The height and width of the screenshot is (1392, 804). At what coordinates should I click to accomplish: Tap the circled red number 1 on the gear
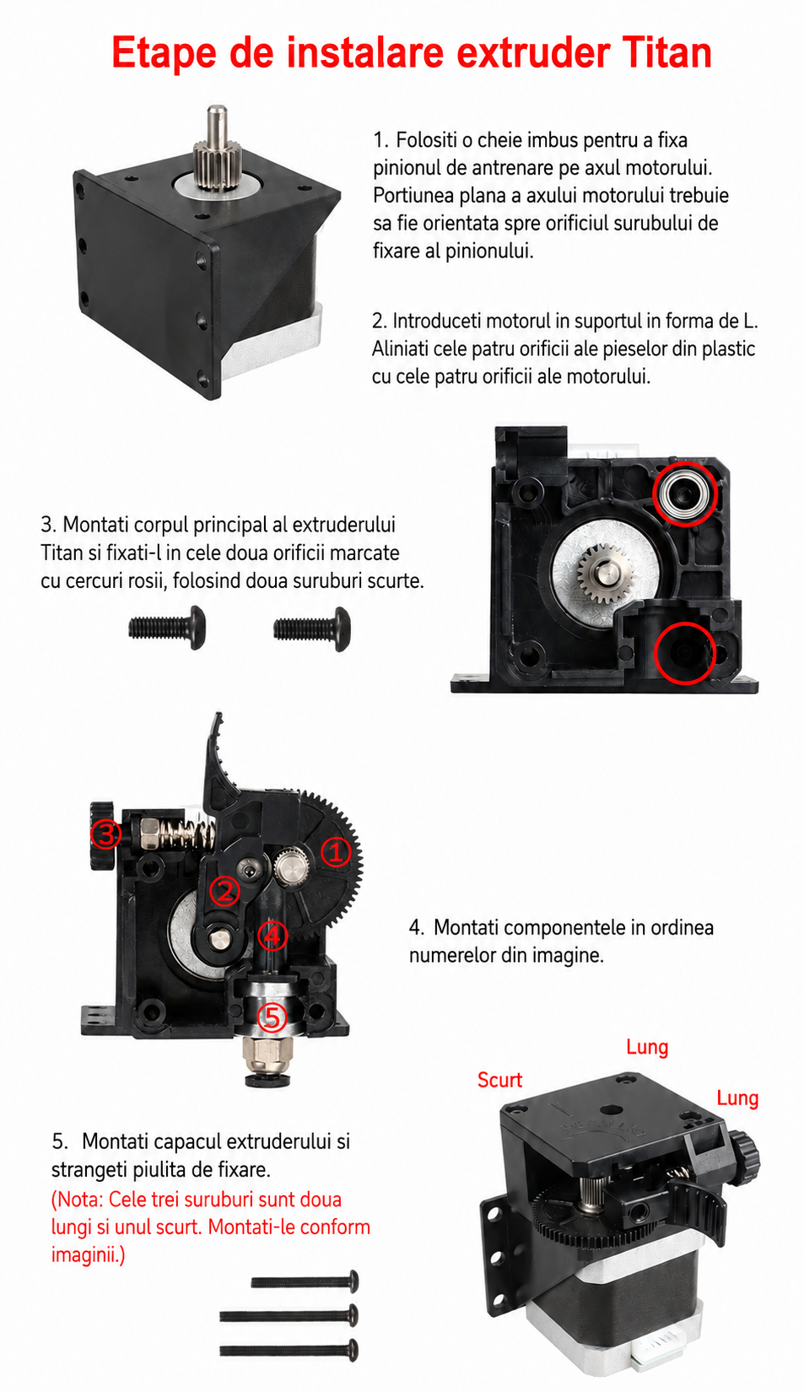tap(336, 852)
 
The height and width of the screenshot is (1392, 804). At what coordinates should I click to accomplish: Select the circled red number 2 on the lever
tap(224, 891)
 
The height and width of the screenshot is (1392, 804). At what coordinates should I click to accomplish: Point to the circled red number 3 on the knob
tap(105, 834)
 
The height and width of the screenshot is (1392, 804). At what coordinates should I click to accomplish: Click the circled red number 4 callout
tap(272, 936)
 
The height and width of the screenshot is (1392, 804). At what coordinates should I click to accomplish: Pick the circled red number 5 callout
tap(272, 1017)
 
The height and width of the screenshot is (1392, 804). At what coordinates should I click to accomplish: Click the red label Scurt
tap(499, 1080)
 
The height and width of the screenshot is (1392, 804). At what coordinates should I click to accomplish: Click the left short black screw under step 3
tap(167, 628)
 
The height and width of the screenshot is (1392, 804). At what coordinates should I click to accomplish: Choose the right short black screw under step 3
tap(312, 629)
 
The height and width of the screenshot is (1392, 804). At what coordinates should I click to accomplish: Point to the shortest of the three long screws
tap(305, 1281)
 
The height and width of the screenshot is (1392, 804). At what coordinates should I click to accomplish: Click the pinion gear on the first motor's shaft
tap(216, 164)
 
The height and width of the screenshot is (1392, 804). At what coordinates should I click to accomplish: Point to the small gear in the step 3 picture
tap(603, 572)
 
